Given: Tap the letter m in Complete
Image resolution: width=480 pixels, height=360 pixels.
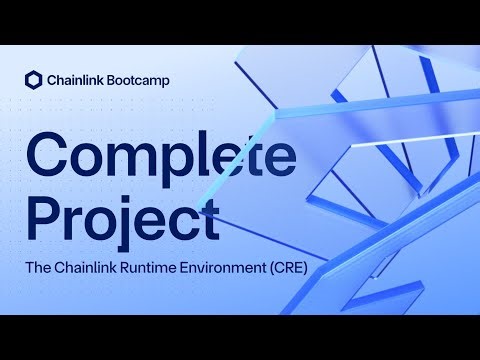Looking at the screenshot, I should [136, 158].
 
